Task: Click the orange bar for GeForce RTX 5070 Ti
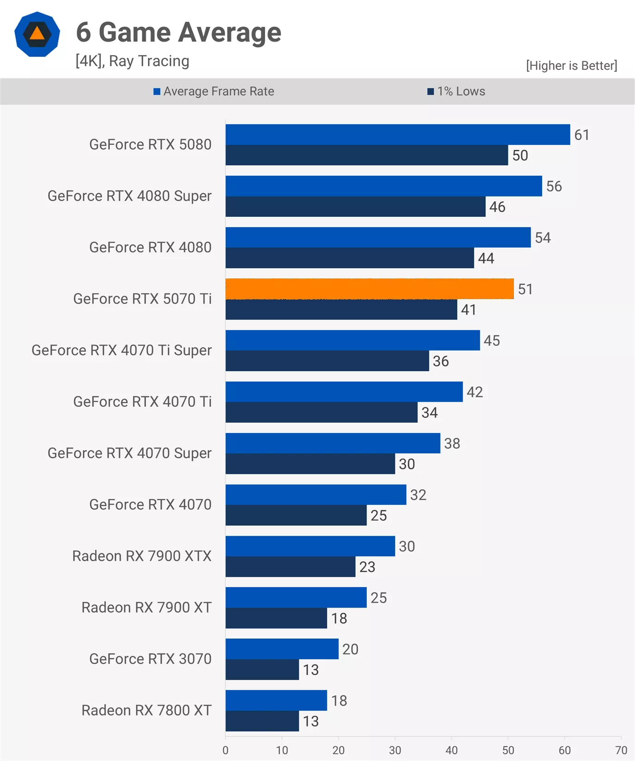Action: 370,289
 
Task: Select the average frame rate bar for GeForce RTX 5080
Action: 397,135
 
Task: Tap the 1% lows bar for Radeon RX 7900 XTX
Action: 290,566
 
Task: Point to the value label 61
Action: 581,135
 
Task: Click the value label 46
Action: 497,207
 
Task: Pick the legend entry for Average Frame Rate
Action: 214,91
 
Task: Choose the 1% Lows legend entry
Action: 457,91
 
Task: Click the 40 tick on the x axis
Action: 451,750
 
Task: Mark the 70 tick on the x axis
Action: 621,750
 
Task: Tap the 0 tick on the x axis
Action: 226,750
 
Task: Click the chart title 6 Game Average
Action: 178,32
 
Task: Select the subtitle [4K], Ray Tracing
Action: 132,61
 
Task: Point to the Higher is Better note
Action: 571,66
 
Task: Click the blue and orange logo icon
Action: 37,34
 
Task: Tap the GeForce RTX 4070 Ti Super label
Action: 122,350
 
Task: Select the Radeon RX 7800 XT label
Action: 147,710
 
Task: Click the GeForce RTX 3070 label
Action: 150,658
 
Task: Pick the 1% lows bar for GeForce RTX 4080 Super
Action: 355,207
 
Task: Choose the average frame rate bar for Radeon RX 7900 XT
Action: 296,597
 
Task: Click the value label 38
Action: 452,443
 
